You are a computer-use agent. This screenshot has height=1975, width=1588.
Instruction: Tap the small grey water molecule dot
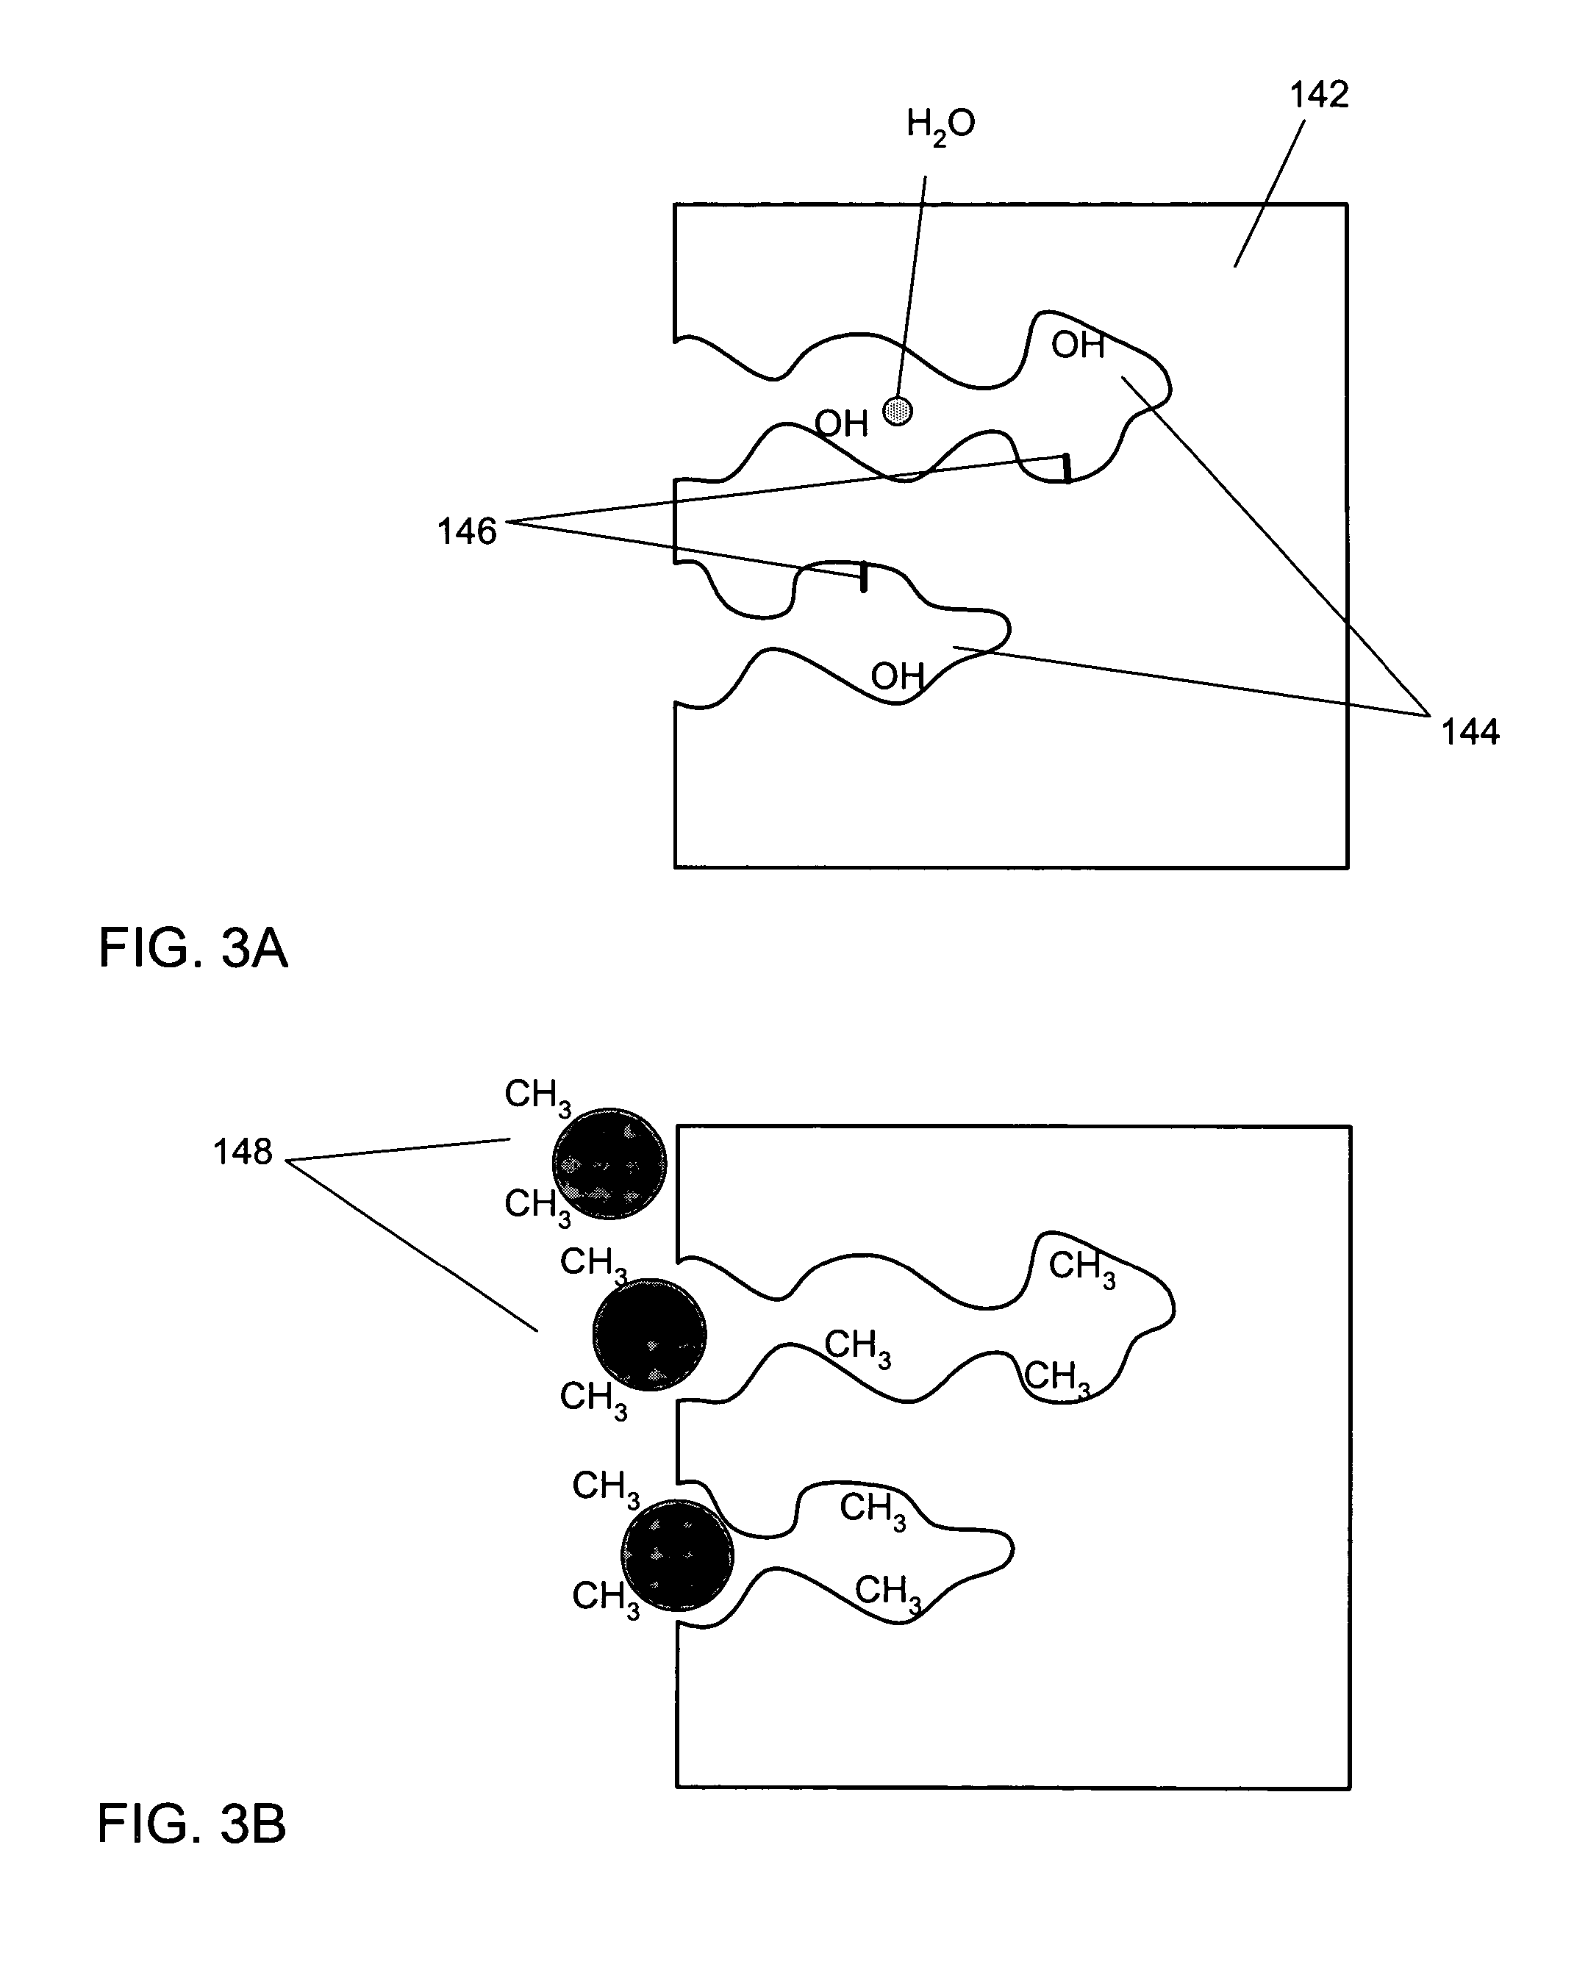pos(898,410)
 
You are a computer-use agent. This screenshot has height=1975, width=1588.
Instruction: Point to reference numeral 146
pos(466,531)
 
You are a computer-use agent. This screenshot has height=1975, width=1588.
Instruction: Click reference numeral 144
pos(1470,732)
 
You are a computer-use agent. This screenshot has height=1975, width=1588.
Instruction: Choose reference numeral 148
pos(243,1152)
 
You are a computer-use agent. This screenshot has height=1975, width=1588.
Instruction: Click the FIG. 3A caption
pos(193,948)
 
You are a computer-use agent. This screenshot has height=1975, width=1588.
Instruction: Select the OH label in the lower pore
pos(897,677)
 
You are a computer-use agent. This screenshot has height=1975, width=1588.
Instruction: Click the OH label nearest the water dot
pos(841,424)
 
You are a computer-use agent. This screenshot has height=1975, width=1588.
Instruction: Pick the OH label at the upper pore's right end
pos(1078,345)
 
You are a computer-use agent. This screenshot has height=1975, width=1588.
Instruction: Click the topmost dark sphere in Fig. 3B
pos(609,1163)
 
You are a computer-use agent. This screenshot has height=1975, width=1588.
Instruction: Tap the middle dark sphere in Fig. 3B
pos(650,1334)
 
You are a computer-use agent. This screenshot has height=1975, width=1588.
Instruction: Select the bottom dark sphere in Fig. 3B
pos(677,1555)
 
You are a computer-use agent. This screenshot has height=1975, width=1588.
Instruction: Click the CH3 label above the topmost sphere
pos(538,1097)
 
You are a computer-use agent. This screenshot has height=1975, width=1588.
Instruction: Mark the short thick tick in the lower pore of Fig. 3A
pos(863,578)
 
